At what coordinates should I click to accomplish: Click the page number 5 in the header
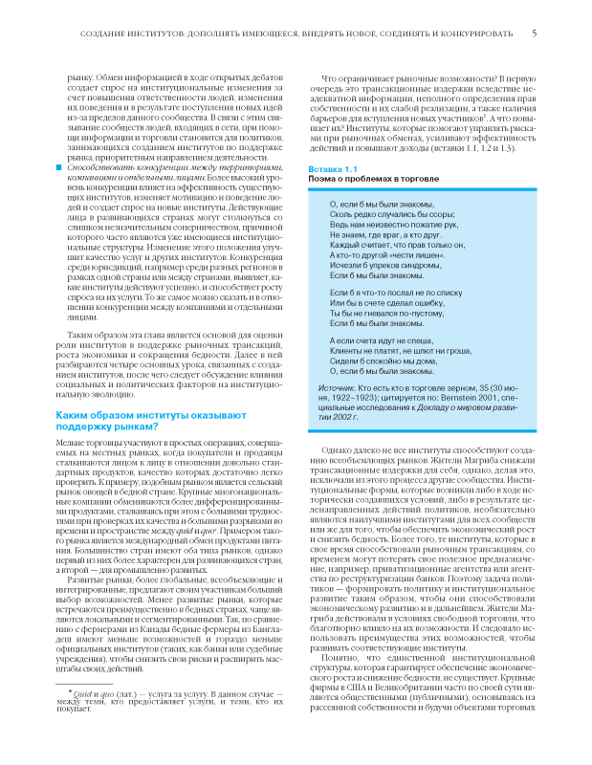pyautogui.click(x=534, y=34)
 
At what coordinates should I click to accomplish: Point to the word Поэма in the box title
pyautogui.click(x=319, y=179)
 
